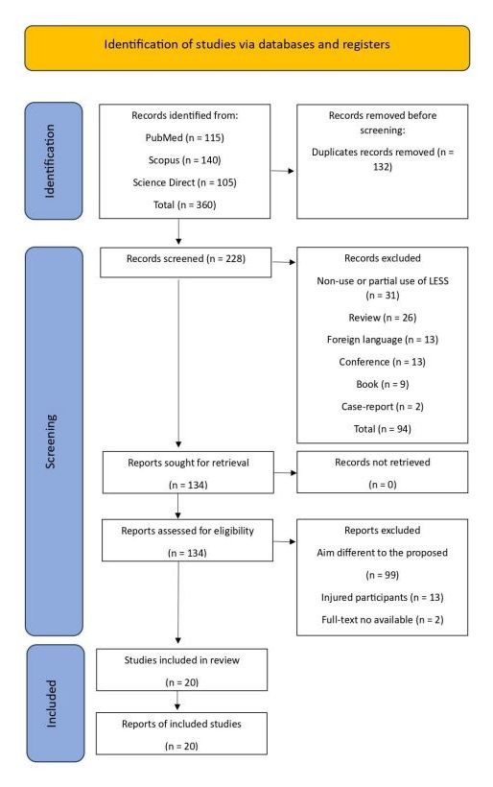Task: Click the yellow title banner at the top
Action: tap(246, 48)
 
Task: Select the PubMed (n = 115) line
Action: tap(184, 137)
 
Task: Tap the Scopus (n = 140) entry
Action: tap(184, 160)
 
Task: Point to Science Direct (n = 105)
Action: tap(184, 182)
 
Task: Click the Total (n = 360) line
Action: tap(184, 204)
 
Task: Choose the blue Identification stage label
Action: tap(54, 160)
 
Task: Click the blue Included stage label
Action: tap(56, 704)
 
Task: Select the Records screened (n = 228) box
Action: tap(185, 262)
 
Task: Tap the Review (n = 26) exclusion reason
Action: tap(382, 318)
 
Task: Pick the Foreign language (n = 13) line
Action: tap(382, 340)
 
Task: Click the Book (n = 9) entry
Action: tap(382, 385)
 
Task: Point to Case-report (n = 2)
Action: tap(382, 407)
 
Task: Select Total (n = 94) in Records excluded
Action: tap(382, 429)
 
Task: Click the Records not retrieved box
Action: tap(382, 472)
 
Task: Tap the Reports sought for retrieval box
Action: tap(188, 472)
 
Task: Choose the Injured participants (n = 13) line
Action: tap(382, 597)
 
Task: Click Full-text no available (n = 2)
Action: tap(382, 620)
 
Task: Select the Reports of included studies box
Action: tap(181, 733)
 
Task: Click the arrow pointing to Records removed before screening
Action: tap(282, 171)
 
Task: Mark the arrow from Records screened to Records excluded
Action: tap(283, 262)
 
